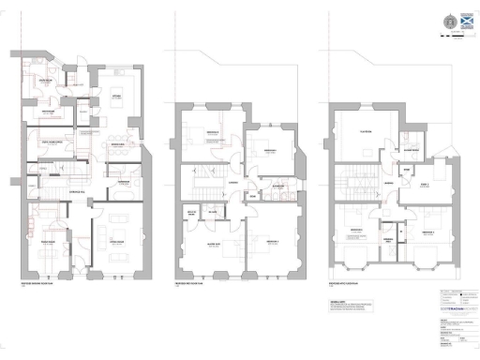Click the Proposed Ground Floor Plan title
coord(42,282)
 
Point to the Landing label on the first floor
coord(231,181)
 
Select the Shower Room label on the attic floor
coord(413,148)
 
